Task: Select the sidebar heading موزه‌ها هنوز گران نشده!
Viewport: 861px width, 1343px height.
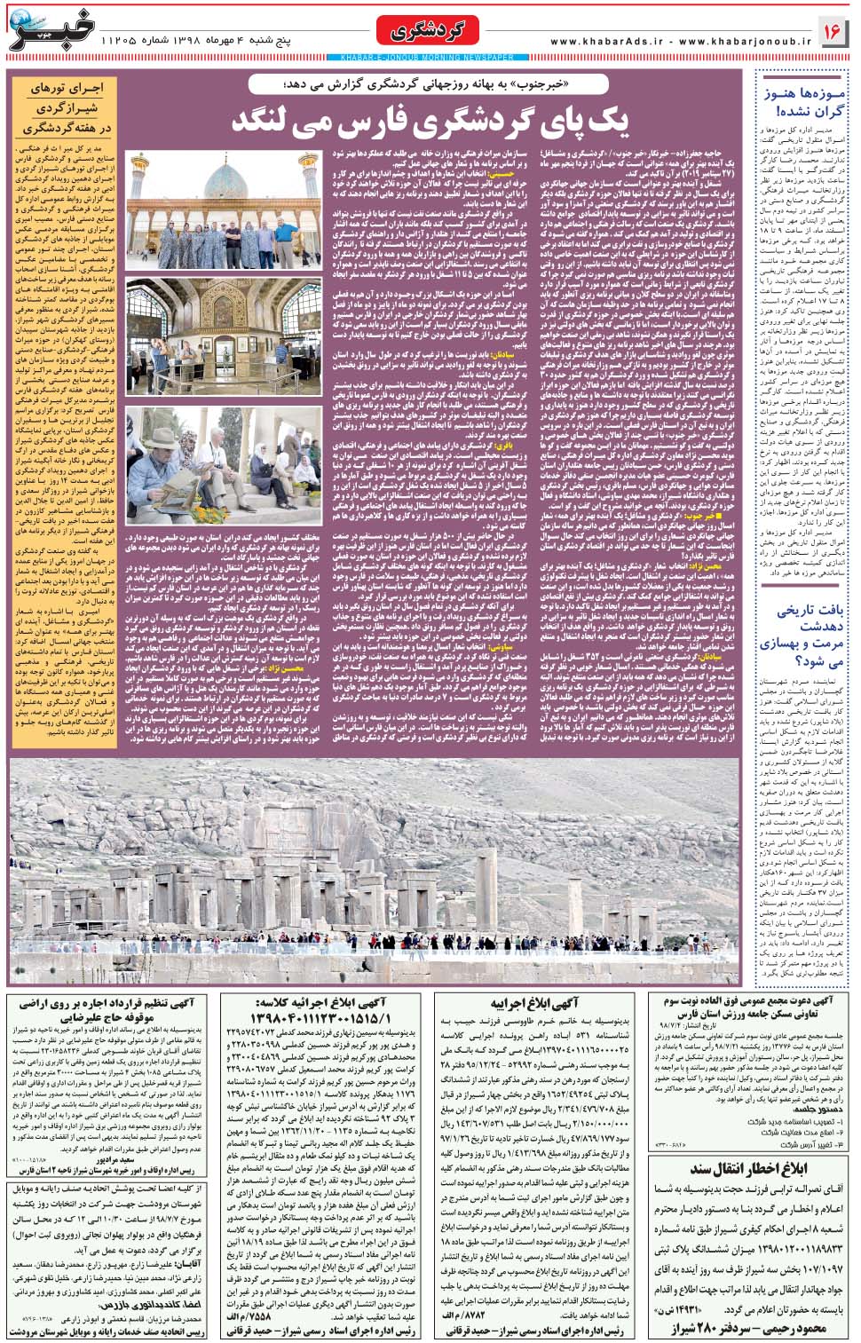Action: coord(803,101)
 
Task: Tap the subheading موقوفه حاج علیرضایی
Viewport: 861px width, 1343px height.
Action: coord(106,1017)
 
